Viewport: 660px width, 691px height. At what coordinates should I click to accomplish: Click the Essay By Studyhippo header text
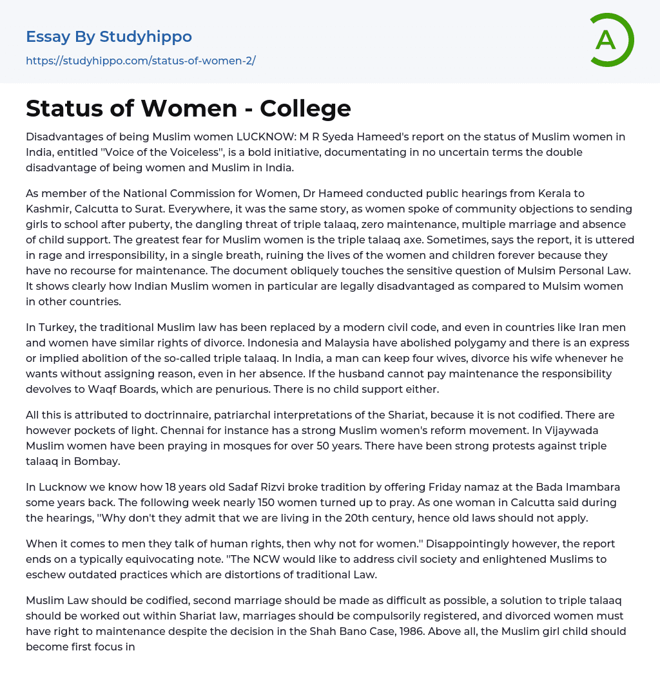[x=109, y=37]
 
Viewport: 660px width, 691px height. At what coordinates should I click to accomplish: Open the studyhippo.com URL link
[x=141, y=61]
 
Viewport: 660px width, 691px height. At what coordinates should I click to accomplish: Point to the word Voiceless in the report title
[x=218, y=152]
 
